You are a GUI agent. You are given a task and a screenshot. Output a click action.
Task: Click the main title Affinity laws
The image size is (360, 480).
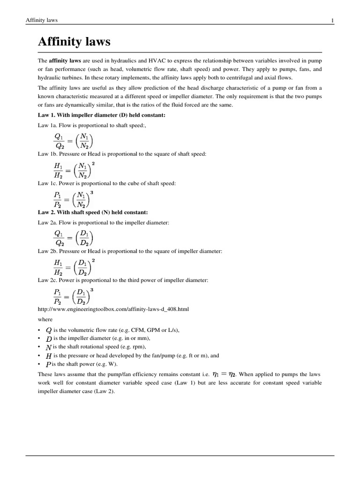(74, 42)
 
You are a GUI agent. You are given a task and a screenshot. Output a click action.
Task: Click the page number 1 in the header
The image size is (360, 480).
(332, 20)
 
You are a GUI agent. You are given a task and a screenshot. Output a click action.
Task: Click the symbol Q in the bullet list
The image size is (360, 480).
(48, 330)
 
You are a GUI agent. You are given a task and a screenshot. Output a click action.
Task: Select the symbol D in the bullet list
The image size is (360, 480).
(48, 338)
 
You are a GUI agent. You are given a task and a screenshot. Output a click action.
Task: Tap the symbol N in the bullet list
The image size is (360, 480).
(48, 347)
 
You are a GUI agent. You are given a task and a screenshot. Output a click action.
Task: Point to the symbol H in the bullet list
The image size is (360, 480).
(48, 356)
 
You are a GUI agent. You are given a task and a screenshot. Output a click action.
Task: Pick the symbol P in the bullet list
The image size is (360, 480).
(48, 364)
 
